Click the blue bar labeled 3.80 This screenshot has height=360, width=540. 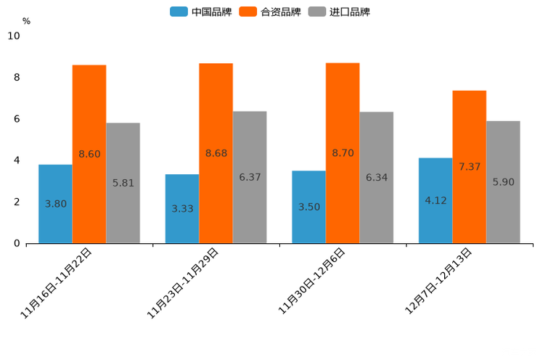pos(55,204)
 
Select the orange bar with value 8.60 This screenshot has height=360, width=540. pos(89,154)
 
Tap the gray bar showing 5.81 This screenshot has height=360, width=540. pos(123,183)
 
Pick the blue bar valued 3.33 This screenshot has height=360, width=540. pos(182,208)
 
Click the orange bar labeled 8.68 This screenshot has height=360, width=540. pos(216,153)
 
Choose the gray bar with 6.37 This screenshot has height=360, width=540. pos(250,177)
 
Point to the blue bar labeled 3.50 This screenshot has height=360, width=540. pos(308,207)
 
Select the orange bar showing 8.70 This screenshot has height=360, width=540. pos(343,153)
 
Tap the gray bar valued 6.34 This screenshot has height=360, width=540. pos(377,177)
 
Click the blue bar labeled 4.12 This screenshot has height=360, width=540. pos(435,200)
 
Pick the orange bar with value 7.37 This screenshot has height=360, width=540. pos(470,167)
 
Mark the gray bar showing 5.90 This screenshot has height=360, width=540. pos(503,182)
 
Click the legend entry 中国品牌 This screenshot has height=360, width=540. pos(201,12)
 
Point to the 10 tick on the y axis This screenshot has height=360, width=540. pos(13,36)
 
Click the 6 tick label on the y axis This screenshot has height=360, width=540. pos(17,119)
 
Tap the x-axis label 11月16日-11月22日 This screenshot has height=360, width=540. pos(57,282)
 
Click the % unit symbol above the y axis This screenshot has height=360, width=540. pos(26,21)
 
